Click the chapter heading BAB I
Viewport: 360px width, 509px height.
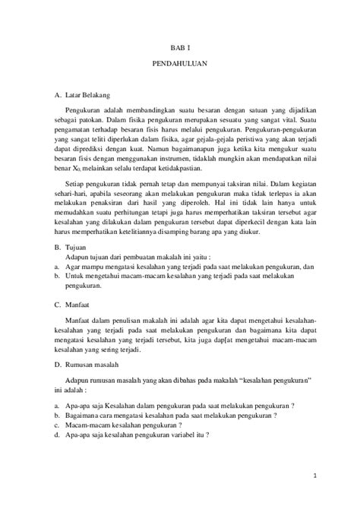[179, 46]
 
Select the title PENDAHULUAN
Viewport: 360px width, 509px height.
[179, 66]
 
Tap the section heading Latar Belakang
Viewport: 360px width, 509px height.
[88, 96]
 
